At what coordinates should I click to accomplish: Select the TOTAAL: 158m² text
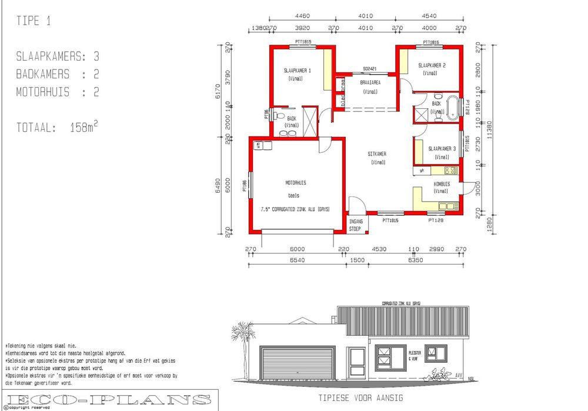(x=56, y=127)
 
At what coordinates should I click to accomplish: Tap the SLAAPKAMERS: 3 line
(x=58, y=57)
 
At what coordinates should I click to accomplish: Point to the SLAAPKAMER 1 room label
(x=297, y=71)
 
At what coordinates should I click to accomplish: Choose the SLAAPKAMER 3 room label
(x=442, y=149)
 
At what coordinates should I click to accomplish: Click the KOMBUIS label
(x=442, y=184)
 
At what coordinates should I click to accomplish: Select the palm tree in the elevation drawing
(x=240, y=338)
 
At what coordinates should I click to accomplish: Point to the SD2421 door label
(x=369, y=69)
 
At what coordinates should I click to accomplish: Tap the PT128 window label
(x=436, y=220)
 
